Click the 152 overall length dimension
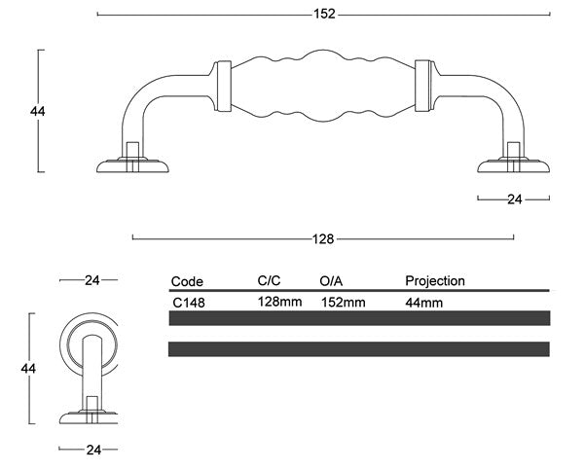pos(324,15)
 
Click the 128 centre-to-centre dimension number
pos(323,238)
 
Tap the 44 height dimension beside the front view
pos(38,111)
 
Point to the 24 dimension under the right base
pos(515,199)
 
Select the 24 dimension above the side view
pos(92,280)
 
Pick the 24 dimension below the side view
pos(93,450)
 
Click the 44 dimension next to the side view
pos(28,369)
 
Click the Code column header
pos(187,281)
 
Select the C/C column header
pos(269,280)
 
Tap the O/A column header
pos(331,281)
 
